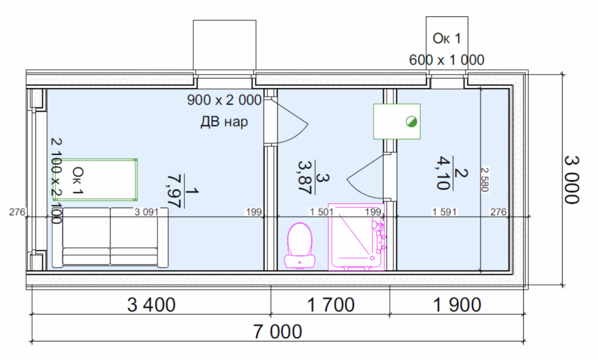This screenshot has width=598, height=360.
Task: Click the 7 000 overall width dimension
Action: point(277,332)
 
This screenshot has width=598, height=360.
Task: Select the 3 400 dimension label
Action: point(151,305)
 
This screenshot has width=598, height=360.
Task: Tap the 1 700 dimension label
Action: point(331,305)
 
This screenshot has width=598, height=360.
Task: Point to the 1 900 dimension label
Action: point(457,305)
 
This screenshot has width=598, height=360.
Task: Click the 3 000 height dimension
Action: point(572,179)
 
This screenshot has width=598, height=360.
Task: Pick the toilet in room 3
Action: point(300,246)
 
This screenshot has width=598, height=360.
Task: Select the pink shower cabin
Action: point(357,237)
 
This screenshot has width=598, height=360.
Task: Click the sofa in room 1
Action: point(110,237)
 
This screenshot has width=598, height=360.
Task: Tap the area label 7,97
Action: point(173,191)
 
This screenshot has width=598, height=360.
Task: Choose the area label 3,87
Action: point(304,178)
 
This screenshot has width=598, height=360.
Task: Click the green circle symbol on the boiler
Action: point(411,122)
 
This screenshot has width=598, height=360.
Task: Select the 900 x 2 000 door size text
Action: point(224,100)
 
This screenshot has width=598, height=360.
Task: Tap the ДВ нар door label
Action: point(224,122)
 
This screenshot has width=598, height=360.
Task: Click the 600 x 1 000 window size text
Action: point(447,60)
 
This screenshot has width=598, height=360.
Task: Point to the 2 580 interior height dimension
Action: point(484,179)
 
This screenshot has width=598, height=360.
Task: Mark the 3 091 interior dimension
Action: point(146,212)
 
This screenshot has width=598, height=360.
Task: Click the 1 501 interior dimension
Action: point(321,212)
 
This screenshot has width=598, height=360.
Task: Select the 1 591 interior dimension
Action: point(444,212)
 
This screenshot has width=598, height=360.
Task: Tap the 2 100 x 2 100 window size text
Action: point(56,181)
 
